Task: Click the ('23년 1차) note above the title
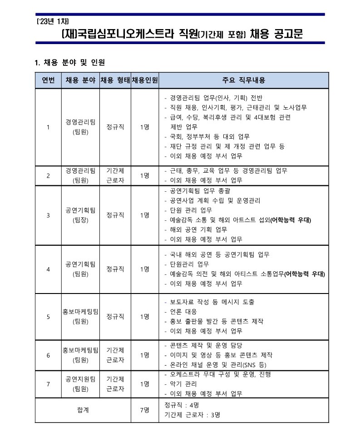point(52,21)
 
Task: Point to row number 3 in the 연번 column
point(49,215)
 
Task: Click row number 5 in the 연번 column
point(49,317)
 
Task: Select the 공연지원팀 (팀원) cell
point(80,384)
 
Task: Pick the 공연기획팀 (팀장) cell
point(80,215)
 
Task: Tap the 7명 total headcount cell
point(145,409)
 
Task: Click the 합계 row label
point(83,409)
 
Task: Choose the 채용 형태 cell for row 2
point(115,175)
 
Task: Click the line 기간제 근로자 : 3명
point(193,414)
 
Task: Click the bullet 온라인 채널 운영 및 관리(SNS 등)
point(218,364)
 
